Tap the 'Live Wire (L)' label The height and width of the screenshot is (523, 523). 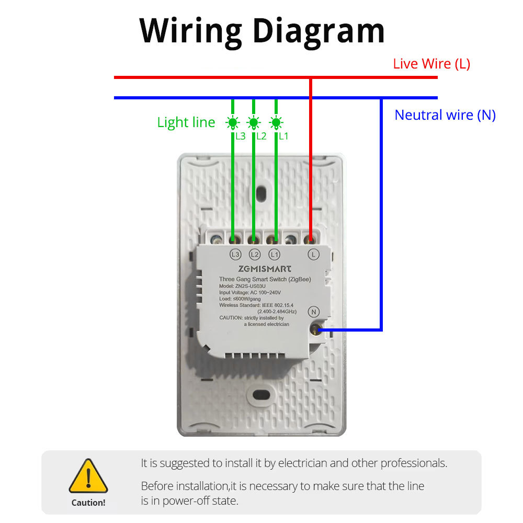click(x=431, y=64)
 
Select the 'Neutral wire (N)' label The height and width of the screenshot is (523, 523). click(x=445, y=115)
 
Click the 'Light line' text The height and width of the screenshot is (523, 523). click(x=186, y=122)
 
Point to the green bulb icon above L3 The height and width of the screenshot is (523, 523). click(x=232, y=123)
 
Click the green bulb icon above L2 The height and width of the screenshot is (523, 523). click(x=254, y=123)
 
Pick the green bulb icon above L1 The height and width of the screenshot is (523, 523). click(x=276, y=123)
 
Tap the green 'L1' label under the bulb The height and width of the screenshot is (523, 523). click(x=283, y=137)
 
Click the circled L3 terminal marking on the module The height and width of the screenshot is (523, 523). click(x=235, y=255)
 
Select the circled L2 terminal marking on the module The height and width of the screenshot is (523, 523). click(x=255, y=255)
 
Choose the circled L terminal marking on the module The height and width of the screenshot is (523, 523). click(x=313, y=255)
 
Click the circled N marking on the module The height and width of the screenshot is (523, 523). click(x=314, y=312)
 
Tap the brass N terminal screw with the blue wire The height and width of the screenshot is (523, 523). click(x=315, y=329)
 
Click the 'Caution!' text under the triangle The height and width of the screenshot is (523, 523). click(x=88, y=503)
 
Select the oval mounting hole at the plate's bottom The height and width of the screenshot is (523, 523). click(x=261, y=395)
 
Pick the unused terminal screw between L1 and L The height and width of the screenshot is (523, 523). click(x=290, y=240)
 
